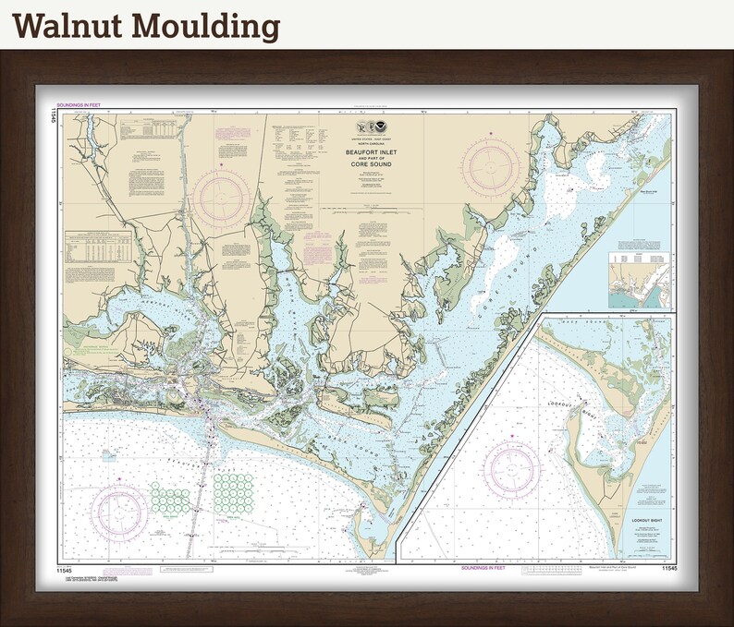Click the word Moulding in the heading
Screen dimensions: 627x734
point(204,27)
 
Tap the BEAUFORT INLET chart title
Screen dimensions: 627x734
point(366,158)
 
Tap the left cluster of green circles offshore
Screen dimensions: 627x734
point(170,500)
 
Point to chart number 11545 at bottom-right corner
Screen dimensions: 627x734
point(669,570)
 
